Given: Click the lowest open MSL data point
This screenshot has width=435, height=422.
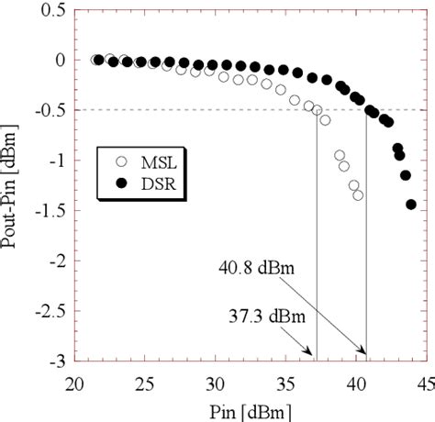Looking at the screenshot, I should click(x=358, y=195).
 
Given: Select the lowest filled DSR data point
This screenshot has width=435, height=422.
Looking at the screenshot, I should click(x=410, y=205).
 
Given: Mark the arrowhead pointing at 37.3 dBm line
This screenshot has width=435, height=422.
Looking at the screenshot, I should click(x=313, y=352).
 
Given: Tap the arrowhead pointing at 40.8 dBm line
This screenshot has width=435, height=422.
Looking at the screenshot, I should click(x=363, y=352).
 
